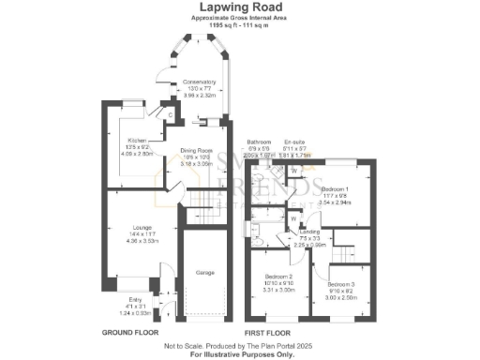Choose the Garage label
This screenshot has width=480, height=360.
(x=204, y=272)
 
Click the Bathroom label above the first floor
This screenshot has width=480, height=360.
(x=258, y=142)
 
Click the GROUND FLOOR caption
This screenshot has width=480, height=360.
(x=129, y=333)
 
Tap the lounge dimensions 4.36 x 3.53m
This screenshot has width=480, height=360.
(x=124, y=242)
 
